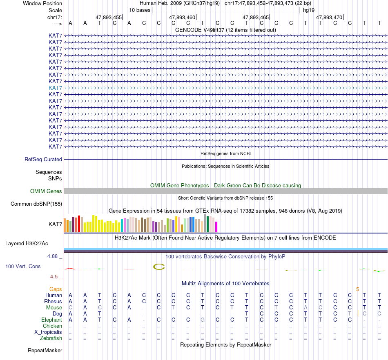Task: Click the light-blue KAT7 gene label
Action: (55, 88)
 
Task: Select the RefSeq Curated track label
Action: (43, 160)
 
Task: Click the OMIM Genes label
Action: (46, 191)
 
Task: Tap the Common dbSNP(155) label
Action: (36, 204)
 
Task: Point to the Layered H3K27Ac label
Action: (27, 244)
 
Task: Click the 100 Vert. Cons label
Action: (23, 266)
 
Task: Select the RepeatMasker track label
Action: (45, 350)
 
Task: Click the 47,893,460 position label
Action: (182, 18)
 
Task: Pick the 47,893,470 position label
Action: (329, 18)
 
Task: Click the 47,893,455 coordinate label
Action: (108, 18)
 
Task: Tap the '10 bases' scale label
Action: (140, 9)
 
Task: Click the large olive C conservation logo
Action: (159, 267)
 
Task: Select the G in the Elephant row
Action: (203, 320)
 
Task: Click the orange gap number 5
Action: (357, 289)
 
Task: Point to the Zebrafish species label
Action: (51, 338)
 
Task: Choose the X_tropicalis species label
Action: (48, 332)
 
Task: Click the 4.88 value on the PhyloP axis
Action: (53, 256)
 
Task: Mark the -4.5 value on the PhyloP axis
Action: (54, 276)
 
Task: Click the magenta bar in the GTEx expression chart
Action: (216, 227)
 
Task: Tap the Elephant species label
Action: (51, 320)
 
